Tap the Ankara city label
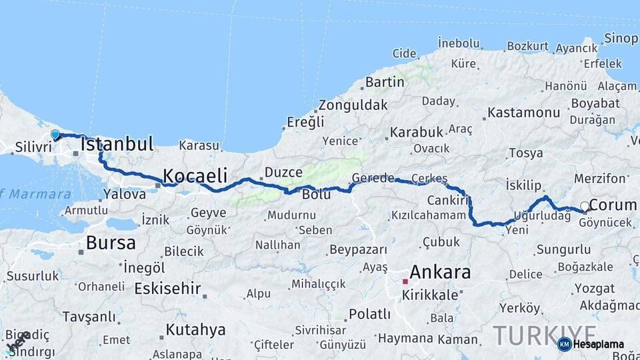tap(439, 272)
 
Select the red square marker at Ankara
tap(405, 282)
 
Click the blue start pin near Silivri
tap(55, 135)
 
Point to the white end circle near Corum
tap(585, 206)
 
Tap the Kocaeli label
tap(195, 176)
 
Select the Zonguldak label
tap(353, 105)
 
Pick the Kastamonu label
tap(523, 113)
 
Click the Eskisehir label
tap(167, 289)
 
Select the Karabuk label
tap(416, 132)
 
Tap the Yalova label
tap(124, 195)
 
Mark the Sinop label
tap(621, 38)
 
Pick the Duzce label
tap(283, 173)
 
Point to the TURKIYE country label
tap(545, 335)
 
